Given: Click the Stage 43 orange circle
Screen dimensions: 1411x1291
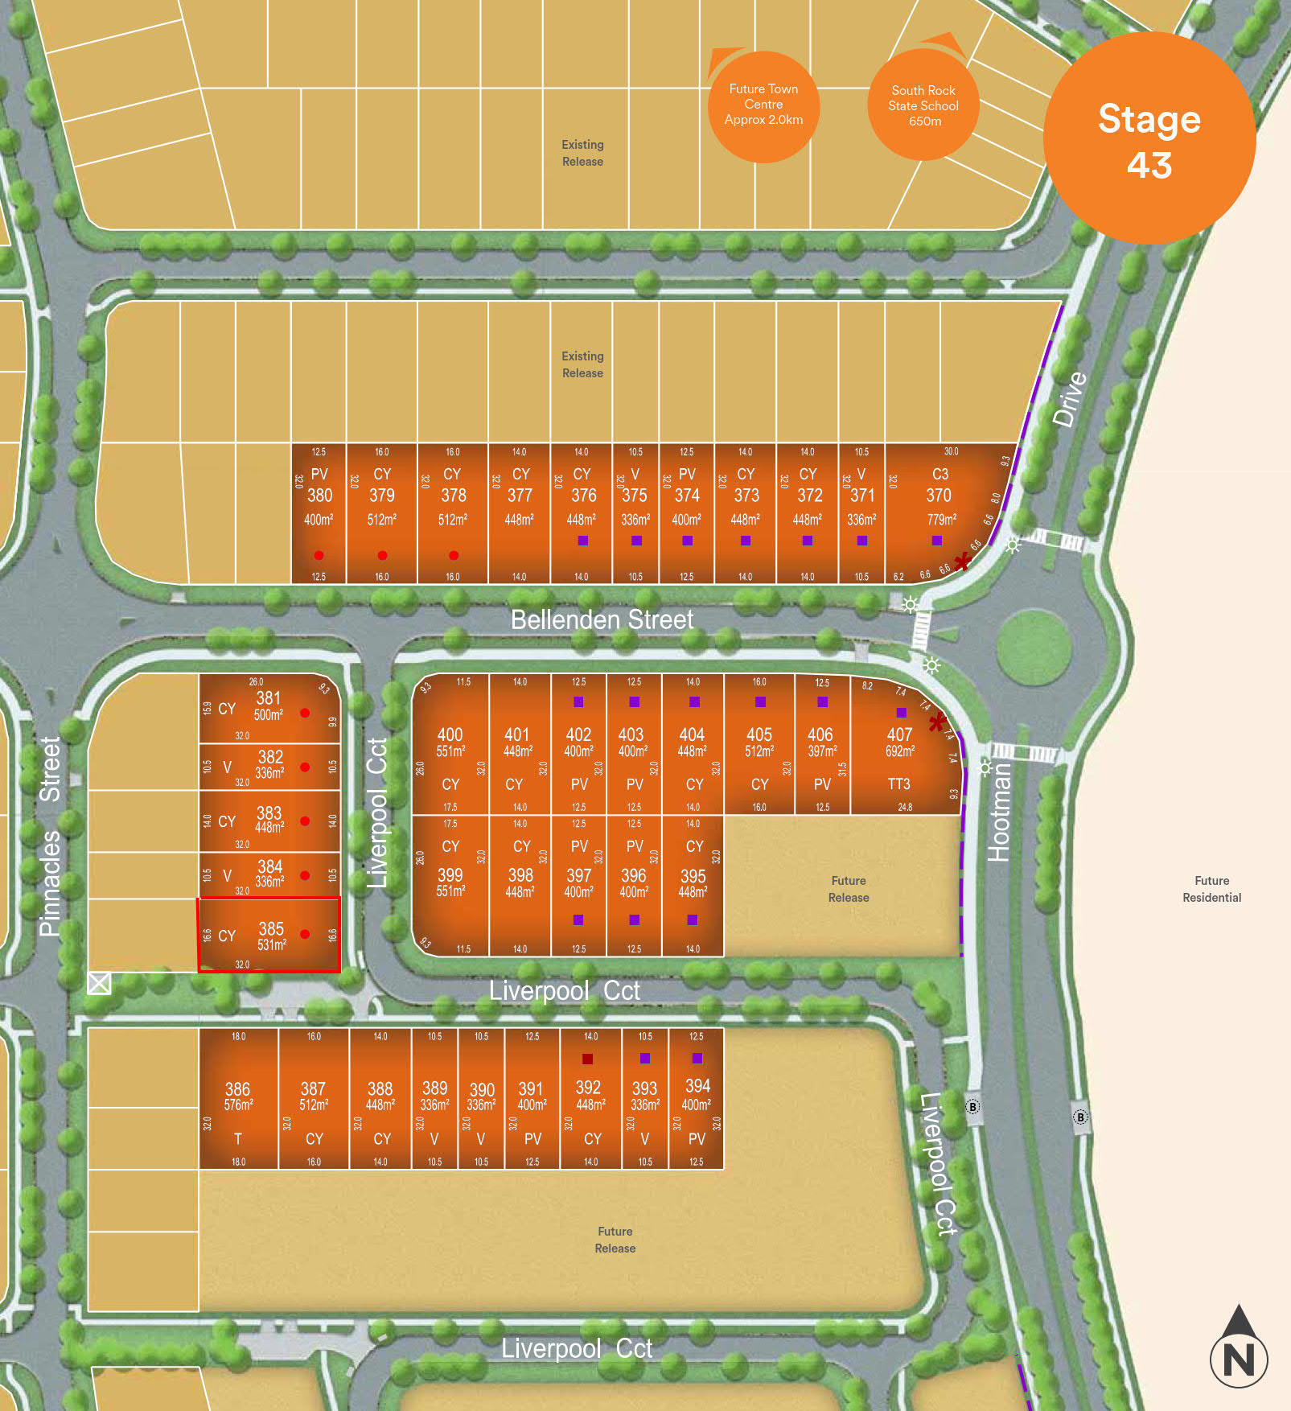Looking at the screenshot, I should (x=1149, y=139).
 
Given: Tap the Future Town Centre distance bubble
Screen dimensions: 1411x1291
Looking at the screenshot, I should (x=763, y=105).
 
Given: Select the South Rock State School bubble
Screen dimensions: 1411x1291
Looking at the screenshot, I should (x=923, y=105).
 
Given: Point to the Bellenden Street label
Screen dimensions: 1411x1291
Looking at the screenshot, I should (x=602, y=619).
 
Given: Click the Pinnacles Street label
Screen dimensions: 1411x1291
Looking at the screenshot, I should (x=50, y=837).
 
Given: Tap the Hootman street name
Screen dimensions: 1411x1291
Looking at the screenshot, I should (x=998, y=812).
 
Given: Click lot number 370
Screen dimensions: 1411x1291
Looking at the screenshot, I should (x=939, y=496).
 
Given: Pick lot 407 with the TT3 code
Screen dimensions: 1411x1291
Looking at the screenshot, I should (x=899, y=734).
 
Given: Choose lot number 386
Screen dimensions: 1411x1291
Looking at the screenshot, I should (x=237, y=1089).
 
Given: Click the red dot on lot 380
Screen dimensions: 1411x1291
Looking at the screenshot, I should (x=319, y=555).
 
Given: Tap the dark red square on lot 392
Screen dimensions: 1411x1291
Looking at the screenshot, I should (x=588, y=1059).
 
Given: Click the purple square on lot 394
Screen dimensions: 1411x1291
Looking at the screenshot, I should (x=697, y=1059).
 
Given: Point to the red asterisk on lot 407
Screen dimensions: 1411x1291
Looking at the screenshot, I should (x=936, y=722).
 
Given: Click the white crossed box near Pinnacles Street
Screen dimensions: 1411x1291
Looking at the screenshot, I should (x=99, y=983).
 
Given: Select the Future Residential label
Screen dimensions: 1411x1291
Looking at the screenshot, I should (x=1211, y=889).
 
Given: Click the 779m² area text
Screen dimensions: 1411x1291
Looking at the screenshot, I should (x=939, y=520).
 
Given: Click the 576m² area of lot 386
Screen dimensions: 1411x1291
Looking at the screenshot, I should (x=238, y=1105).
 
